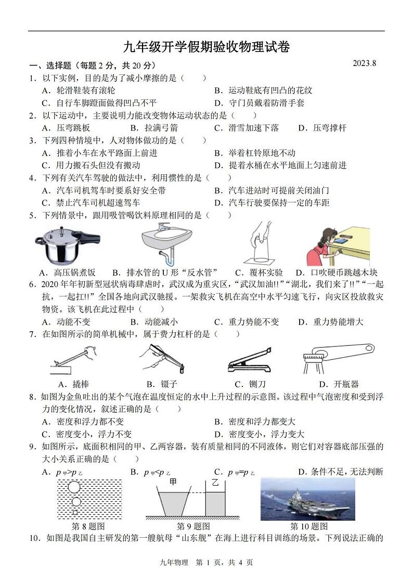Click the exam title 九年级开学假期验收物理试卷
click(206, 47)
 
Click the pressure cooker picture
click(67, 243)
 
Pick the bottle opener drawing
click(338, 359)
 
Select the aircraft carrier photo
click(307, 499)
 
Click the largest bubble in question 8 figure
click(74, 487)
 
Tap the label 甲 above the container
click(173, 482)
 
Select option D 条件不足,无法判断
click(340, 472)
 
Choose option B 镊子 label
click(157, 384)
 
